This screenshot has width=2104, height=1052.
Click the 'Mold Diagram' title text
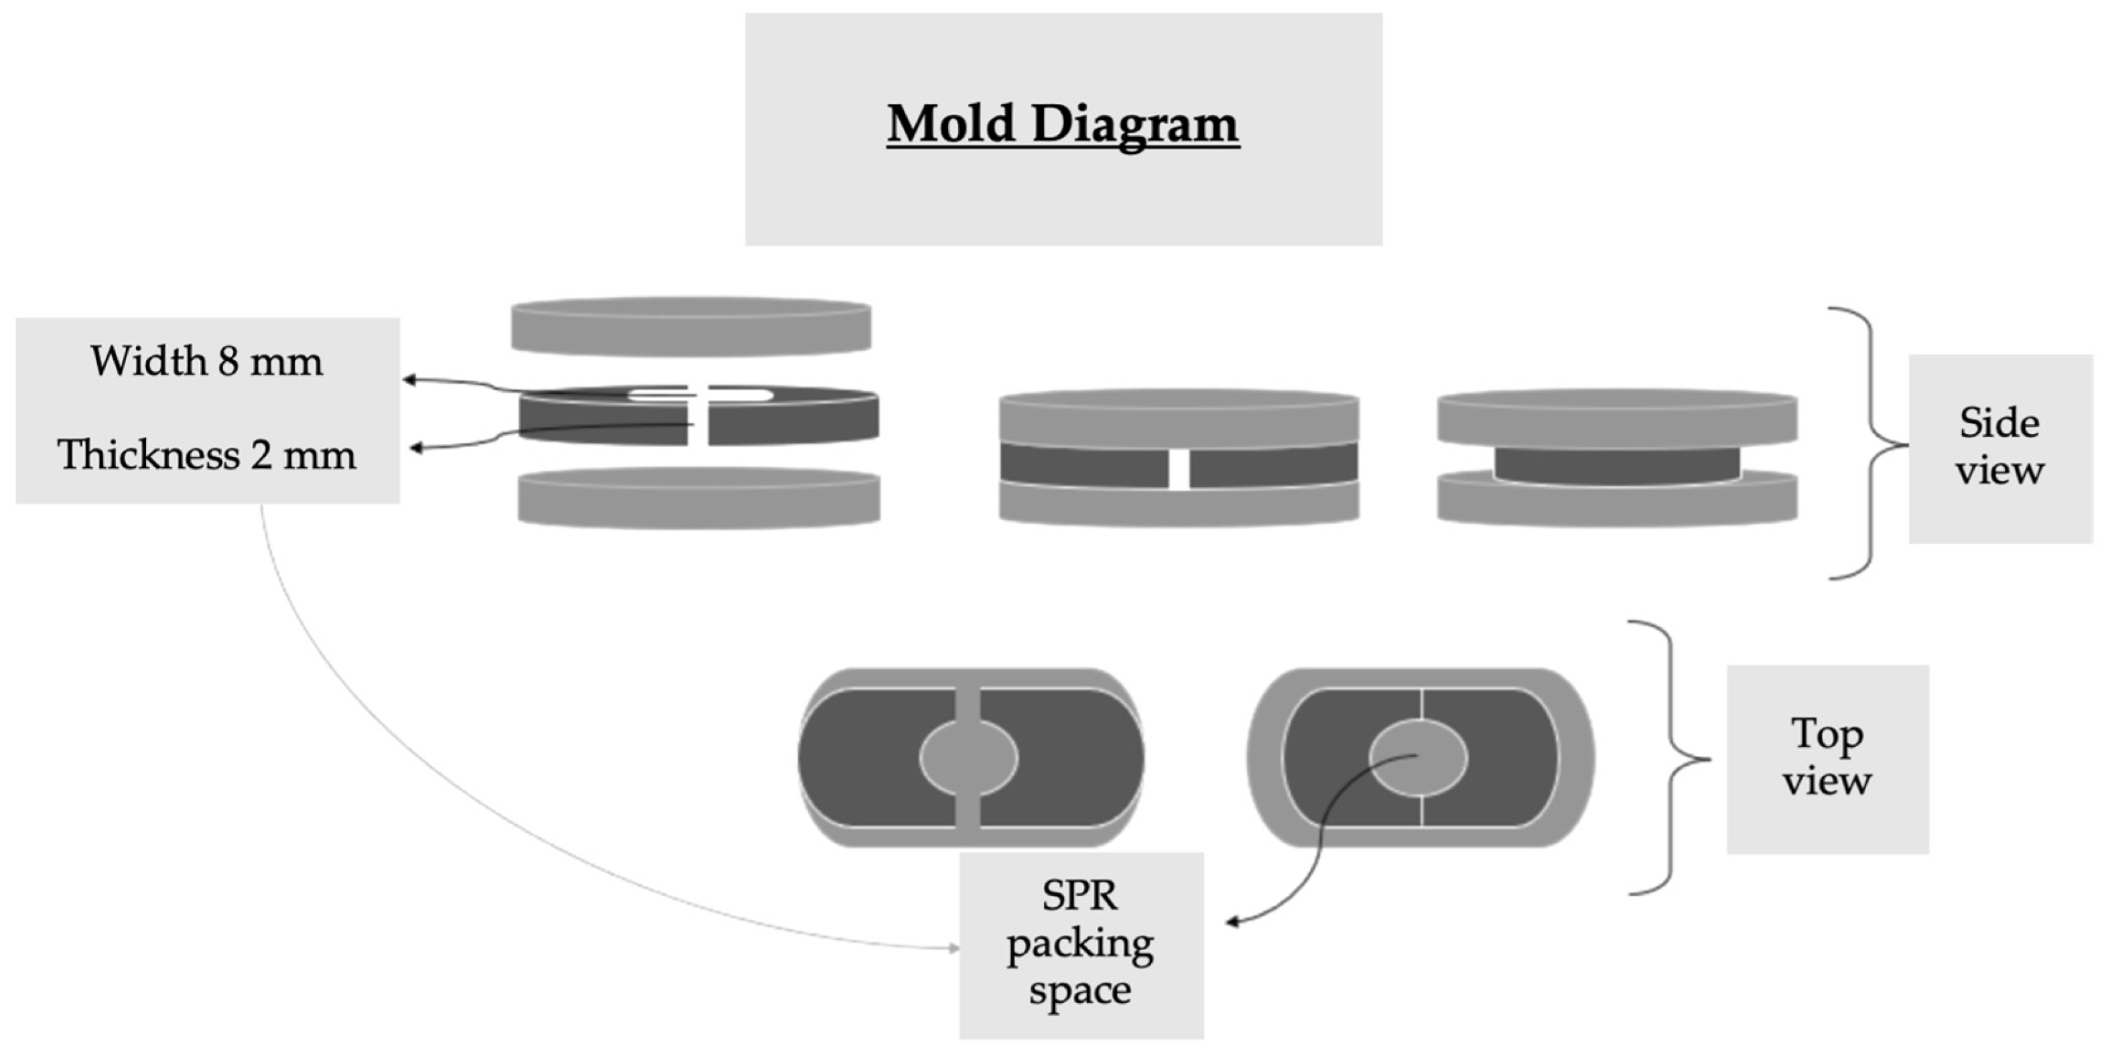coord(1063,125)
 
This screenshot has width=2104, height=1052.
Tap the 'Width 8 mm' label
coord(206,361)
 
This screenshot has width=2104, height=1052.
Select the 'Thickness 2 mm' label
coord(206,454)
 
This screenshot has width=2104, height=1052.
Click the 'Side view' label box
coord(1999,448)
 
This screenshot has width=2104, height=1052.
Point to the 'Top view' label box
coord(1827,758)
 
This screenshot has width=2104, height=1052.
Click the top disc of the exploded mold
coord(691,327)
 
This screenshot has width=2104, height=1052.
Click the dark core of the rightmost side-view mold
coord(1618,466)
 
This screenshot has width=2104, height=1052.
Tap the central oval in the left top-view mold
coord(969,757)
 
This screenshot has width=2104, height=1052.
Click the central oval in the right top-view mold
coord(1418,757)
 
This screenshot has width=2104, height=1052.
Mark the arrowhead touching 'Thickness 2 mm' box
coord(415,447)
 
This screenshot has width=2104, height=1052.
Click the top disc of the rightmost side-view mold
coord(1618,417)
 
